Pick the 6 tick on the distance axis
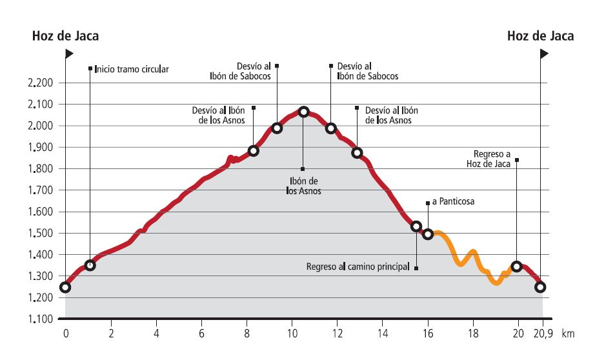point(201,335)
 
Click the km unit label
point(568,335)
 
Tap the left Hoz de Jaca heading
point(65,36)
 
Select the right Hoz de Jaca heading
point(540,36)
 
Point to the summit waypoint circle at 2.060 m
point(303,112)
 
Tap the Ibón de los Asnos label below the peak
point(303,186)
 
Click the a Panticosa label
point(453,202)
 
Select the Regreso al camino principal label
point(358,266)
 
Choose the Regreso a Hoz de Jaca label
point(488,159)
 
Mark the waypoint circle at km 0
point(65,287)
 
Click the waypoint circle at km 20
point(516,266)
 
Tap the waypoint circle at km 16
point(427,234)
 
